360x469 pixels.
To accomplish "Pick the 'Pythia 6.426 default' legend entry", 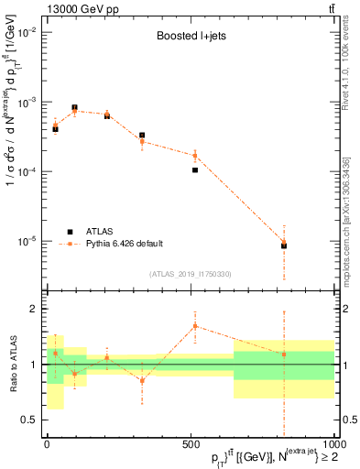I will point(124,243).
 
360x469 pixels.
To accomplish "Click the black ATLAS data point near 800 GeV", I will point(284,245).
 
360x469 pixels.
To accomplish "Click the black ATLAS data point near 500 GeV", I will point(195,169).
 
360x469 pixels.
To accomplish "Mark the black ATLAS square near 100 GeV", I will point(74,108).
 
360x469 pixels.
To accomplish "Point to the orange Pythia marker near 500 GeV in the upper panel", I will point(195,156).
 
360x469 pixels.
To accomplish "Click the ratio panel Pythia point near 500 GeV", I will point(195,326).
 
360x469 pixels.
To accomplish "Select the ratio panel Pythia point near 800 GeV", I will point(284,354).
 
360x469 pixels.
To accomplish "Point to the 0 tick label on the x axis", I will point(47,444).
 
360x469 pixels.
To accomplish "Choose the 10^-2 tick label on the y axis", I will point(27,32).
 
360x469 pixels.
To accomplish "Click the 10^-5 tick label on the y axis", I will point(27,241).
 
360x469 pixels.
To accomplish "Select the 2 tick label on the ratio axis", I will point(34,309).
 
